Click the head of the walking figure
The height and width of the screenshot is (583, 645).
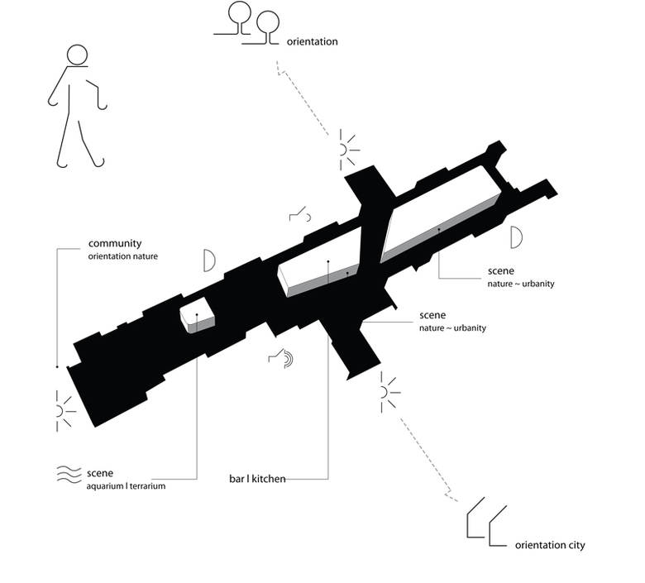[76, 55]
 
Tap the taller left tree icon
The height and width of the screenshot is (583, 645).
[239, 13]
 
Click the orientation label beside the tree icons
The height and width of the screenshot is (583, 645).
[312, 41]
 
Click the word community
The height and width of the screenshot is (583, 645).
[115, 244]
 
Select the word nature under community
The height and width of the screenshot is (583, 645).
[144, 256]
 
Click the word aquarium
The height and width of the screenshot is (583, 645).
[107, 486]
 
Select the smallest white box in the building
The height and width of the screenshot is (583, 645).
[198, 318]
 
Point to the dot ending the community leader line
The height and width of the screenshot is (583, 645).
[56, 366]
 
